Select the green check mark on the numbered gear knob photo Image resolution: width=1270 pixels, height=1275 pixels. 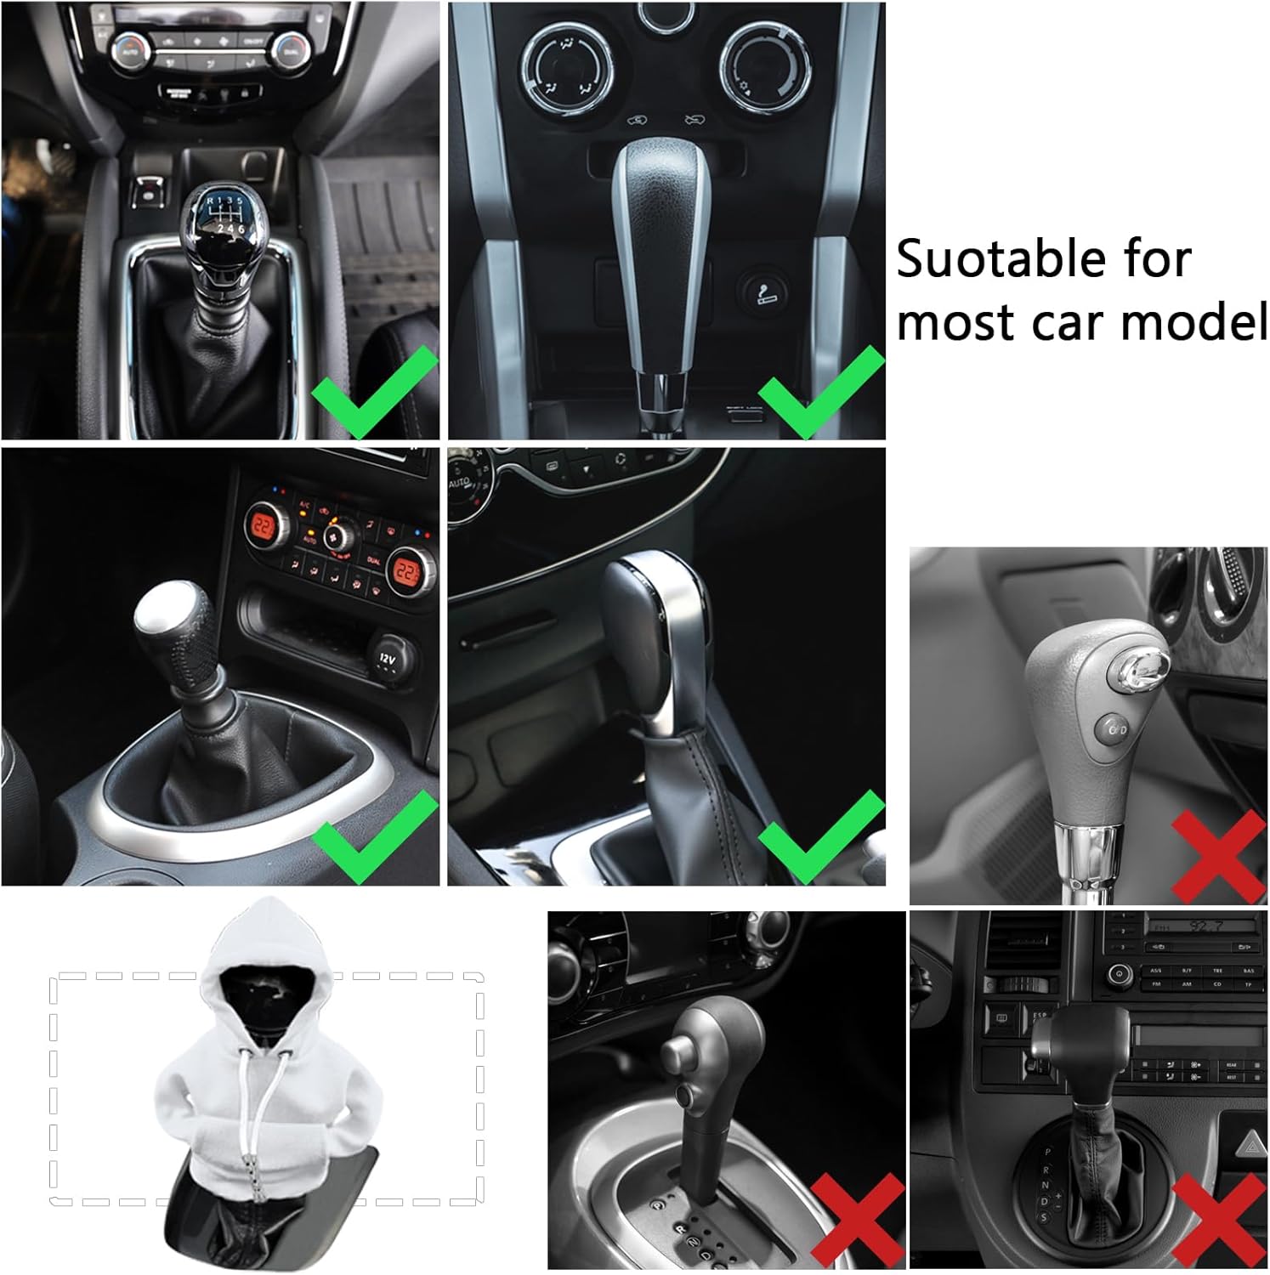pos(375,392)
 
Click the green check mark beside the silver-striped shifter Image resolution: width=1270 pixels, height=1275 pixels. pos(821,392)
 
